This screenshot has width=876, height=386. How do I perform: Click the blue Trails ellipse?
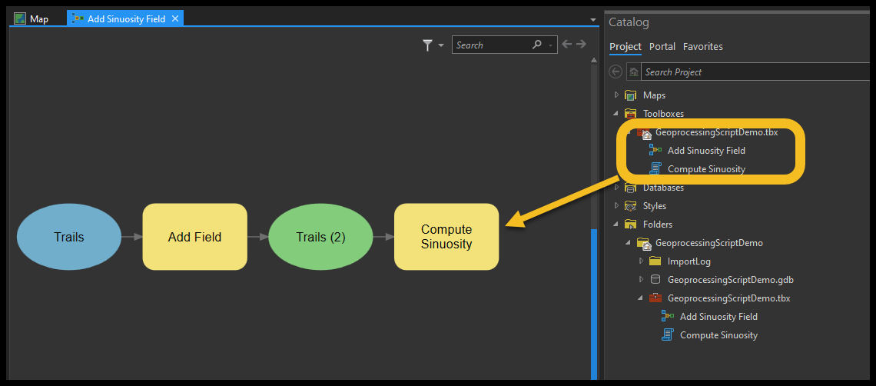68,237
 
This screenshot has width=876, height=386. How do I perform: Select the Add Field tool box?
195,237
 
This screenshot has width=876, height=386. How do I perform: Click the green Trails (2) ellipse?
320,237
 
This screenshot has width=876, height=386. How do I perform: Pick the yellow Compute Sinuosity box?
446,237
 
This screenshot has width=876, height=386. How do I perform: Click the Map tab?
32,19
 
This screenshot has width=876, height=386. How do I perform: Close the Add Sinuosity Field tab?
175,19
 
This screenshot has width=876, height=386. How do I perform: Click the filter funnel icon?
428,45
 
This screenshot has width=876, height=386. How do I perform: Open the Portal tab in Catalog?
662,46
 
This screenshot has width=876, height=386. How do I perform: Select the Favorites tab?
703,46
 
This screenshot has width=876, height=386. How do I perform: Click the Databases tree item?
663,188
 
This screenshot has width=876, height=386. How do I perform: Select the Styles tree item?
655,206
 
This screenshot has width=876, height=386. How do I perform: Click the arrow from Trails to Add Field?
132,237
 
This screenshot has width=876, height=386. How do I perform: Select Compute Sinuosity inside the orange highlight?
706,169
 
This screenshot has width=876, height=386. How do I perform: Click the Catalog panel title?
629,22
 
